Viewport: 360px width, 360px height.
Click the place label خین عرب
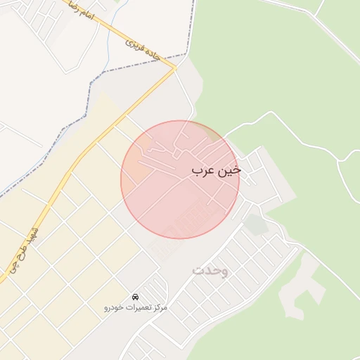coord(216,171)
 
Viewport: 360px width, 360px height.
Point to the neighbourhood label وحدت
coord(210,270)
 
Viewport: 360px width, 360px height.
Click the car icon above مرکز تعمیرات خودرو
coord(135,297)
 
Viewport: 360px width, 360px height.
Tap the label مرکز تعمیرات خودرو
coord(135,308)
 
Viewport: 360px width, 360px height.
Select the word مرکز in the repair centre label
coord(158,308)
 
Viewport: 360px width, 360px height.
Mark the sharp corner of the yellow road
coord(174,69)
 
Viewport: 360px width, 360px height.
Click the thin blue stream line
coord(108,35)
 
